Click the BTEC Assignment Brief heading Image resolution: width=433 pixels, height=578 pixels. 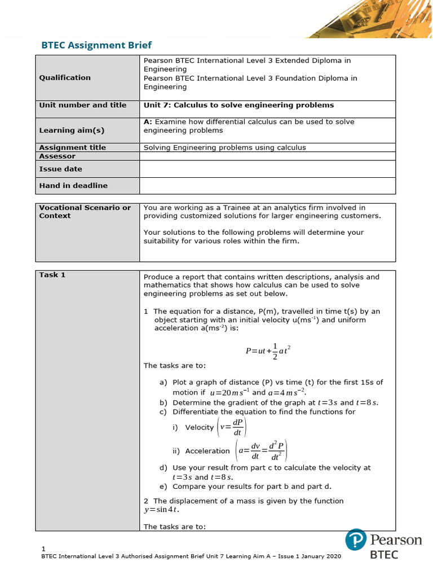[97, 45]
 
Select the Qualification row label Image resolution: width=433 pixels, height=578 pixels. [64, 78]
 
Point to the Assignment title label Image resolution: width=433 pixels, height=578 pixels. [72, 147]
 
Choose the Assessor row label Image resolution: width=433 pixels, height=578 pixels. [57, 156]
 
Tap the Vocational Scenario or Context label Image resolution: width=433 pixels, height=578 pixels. [85, 212]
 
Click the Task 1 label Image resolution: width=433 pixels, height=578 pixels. [52, 275]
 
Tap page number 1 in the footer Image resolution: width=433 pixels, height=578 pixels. [43, 549]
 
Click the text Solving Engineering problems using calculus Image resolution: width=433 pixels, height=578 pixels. [224, 147]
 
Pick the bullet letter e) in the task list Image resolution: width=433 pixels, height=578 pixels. [164, 486]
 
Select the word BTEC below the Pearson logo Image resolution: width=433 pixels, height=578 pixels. [383, 554]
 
